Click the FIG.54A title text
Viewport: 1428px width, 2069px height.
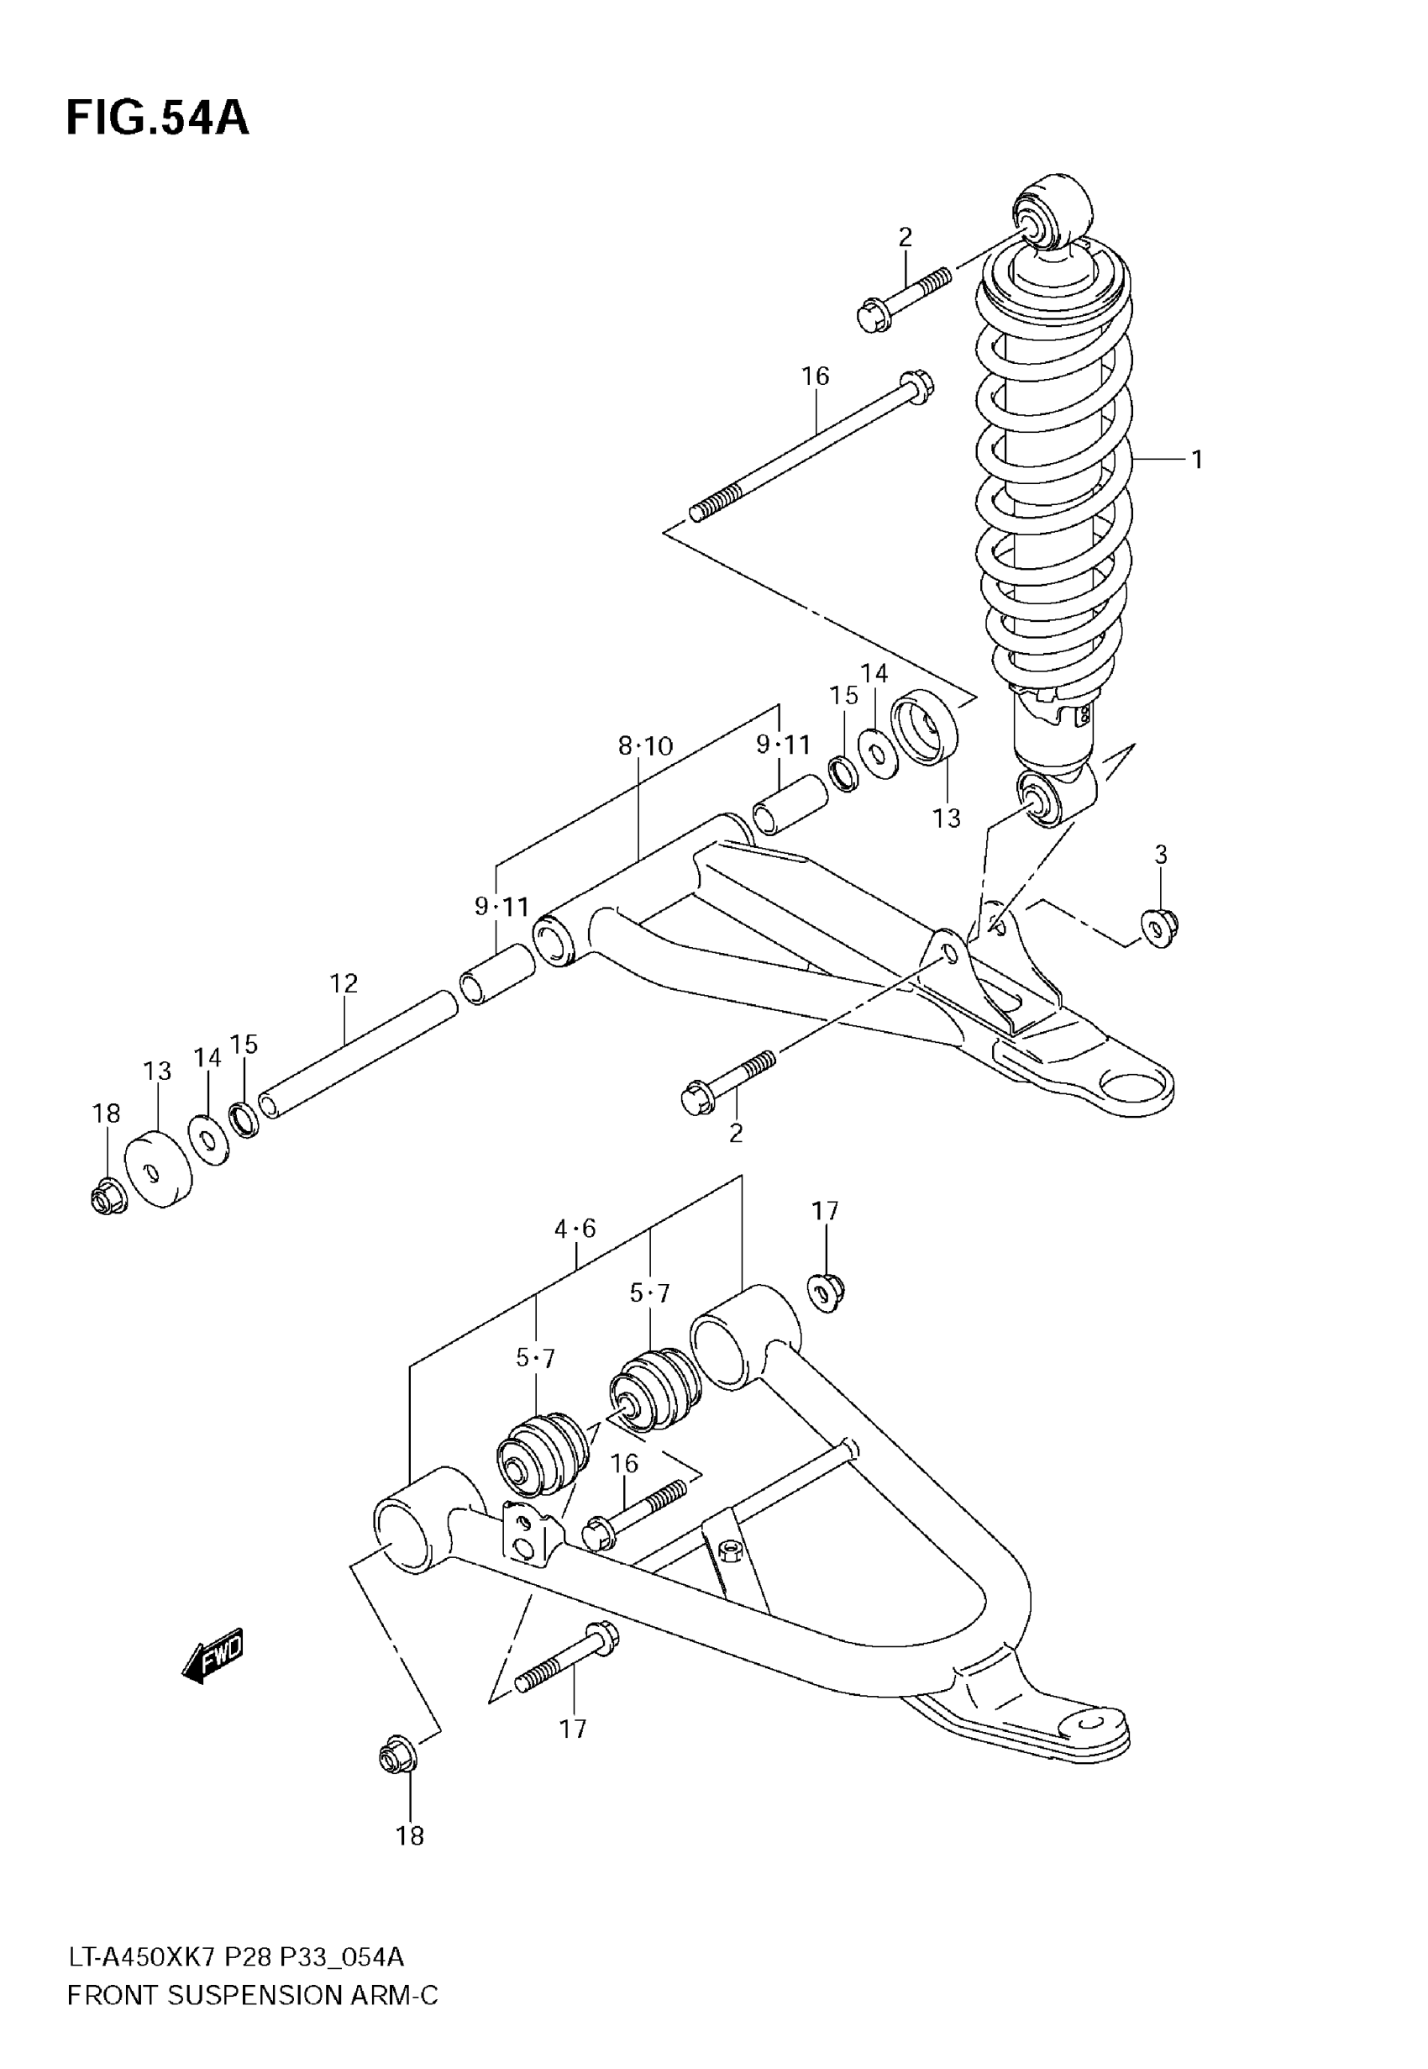(157, 118)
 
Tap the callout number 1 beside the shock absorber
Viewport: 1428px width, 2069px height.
(1196, 460)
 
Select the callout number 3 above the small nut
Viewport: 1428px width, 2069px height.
(1161, 855)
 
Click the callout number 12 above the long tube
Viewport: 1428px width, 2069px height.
(344, 983)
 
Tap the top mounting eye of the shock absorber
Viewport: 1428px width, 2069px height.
(1053, 212)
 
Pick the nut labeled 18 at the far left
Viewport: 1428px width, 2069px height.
(108, 1196)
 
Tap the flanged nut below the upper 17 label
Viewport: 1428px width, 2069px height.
(826, 1292)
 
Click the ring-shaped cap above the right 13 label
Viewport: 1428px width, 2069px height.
(924, 728)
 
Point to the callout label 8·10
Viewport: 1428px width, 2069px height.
(645, 745)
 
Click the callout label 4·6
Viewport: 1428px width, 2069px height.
(575, 1229)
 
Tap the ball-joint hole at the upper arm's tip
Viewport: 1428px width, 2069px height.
(1137, 1087)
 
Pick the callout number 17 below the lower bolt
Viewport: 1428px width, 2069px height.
(573, 1729)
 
